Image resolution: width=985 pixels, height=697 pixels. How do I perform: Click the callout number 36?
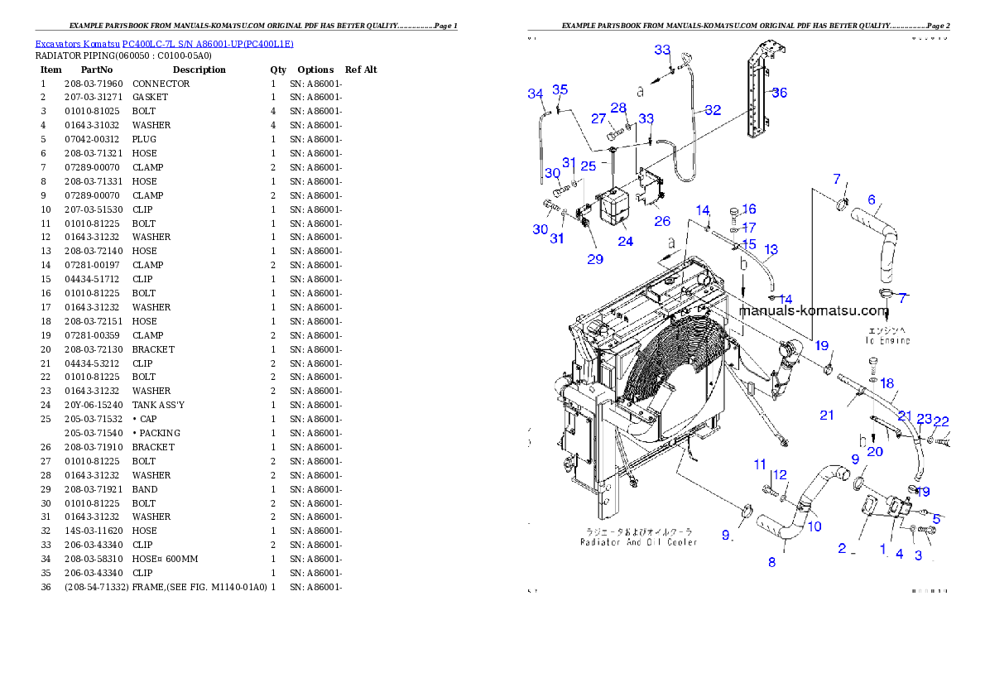tap(779, 93)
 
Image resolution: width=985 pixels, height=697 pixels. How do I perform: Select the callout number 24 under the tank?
tap(625, 241)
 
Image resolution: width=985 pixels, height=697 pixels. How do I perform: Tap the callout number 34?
tap(536, 94)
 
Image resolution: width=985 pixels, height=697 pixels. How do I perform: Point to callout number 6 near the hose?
tap(871, 199)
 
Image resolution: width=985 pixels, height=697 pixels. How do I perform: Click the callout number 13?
tap(771, 248)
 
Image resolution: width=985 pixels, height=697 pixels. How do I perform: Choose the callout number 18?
tap(886, 383)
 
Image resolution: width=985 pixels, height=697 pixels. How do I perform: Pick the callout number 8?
tap(771, 562)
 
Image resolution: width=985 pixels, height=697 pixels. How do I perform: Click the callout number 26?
tap(662, 221)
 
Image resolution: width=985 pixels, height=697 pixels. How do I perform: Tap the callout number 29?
tap(595, 258)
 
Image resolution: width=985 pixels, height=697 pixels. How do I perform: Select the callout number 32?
tap(712, 110)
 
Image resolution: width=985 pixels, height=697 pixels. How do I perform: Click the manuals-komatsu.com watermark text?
tap(813, 311)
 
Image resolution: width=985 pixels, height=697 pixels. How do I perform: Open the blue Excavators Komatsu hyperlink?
tap(164, 43)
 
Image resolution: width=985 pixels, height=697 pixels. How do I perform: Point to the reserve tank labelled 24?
tap(615, 206)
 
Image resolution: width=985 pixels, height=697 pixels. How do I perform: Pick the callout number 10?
tap(814, 526)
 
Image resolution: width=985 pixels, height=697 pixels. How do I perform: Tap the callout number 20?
tap(874, 451)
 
